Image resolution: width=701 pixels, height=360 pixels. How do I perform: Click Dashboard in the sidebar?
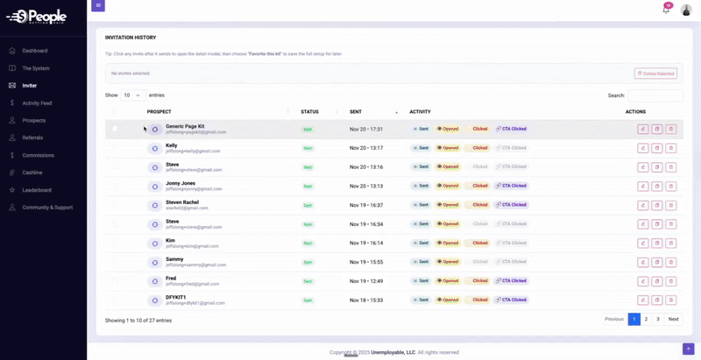(x=35, y=51)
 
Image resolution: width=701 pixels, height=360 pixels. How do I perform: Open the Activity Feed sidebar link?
(x=37, y=103)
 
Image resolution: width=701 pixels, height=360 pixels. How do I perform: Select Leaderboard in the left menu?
(x=37, y=190)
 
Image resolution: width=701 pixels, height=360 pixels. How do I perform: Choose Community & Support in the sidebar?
(x=47, y=208)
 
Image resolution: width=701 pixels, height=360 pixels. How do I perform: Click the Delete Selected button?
(x=655, y=74)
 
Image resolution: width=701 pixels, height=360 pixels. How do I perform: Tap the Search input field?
(x=655, y=95)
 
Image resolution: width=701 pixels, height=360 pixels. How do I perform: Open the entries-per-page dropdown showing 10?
(x=133, y=95)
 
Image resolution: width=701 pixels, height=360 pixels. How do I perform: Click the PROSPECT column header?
(x=159, y=112)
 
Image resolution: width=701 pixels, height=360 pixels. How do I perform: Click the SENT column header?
(x=356, y=112)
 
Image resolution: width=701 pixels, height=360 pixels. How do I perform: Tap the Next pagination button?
(x=673, y=319)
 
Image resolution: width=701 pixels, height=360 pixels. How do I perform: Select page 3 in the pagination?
(x=658, y=319)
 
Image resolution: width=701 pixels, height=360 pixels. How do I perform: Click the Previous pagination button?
(x=614, y=319)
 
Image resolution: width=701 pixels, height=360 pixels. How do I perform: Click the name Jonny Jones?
(x=181, y=183)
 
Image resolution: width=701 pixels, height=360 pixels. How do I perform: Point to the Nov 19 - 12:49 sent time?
(x=366, y=281)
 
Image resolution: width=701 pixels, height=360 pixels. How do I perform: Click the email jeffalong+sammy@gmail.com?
(x=195, y=265)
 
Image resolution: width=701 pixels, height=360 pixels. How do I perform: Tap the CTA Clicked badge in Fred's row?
(x=511, y=281)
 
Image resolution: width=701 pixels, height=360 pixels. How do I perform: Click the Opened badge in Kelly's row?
(x=448, y=148)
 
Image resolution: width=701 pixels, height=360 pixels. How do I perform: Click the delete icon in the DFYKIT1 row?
(x=671, y=300)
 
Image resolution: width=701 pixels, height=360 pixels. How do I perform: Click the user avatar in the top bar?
(x=686, y=10)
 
